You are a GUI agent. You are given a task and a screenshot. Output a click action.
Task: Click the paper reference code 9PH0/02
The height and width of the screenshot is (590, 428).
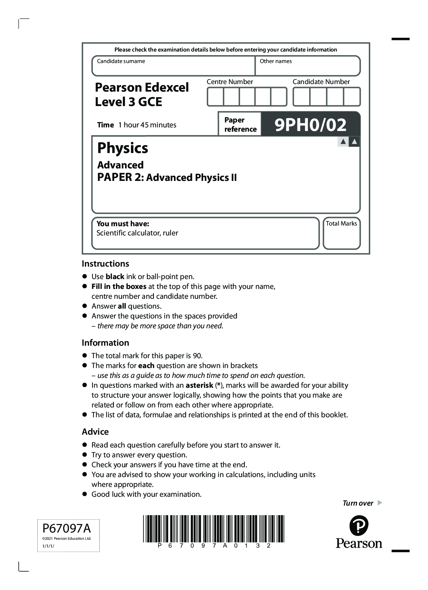pyautogui.click(x=310, y=125)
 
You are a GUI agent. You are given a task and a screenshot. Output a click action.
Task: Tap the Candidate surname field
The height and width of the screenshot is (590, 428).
pyautogui.click(x=173, y=67)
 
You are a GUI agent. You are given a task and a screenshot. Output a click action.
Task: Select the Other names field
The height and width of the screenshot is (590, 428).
pyautogui.click(x=308, y=67)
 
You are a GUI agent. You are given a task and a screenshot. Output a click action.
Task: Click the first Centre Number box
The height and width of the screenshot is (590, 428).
pyautogui.click(x=215, y=97)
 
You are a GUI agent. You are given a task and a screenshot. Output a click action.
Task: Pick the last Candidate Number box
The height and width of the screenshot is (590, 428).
pyautogui.click(x=352, y=97)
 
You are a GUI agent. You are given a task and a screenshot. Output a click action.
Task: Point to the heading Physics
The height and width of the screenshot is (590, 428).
pyautogui.click(x=122, y=148)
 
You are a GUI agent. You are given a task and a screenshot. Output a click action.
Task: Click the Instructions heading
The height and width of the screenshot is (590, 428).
pyautogui.click(x=105, y=264)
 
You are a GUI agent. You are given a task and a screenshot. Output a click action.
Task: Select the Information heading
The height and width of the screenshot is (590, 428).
pyautogui.click(x=105, y=343)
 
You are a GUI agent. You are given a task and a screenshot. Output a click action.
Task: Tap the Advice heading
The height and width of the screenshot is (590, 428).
pyautogui.click(x=95, y=432)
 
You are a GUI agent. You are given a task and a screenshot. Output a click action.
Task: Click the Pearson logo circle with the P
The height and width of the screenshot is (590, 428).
pyautogui.click(x=359, y=526)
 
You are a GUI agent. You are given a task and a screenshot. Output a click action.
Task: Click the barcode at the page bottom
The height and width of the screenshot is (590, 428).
pyautogui.click(x=213, y=529)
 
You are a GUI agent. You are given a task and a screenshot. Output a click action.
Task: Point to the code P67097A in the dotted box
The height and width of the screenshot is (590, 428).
pyautogui.click(x=67, y=528)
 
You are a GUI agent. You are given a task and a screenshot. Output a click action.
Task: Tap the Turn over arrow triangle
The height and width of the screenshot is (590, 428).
pyautogui.click(x=380, y=503)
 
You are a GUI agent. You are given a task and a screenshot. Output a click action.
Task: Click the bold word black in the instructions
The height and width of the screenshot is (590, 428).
pyautogui.click(x=115, y=277)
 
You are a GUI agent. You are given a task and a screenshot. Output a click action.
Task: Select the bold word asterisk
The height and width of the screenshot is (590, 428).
pyautogui.click(x=199, y=385)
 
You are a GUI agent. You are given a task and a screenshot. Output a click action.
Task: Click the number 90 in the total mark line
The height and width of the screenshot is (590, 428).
pyautogui.click(x=197, y=356)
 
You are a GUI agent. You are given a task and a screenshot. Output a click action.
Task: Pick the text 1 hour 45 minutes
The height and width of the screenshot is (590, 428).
pyautogui.click(x=147, y=125)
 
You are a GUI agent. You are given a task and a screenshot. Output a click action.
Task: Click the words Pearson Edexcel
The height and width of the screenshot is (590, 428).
pyautogui.click(x=142, y=87)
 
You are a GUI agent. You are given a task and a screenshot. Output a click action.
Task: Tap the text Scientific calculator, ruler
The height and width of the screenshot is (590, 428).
pyautogui.click(x=137, y=233)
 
